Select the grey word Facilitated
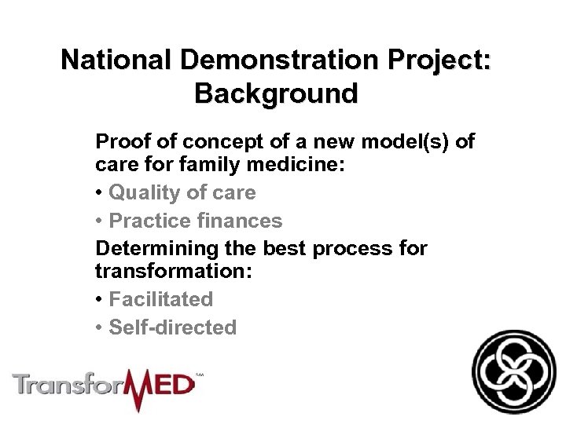tap(161, 299)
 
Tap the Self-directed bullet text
tap(172, 327)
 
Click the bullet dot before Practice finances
tap(99, 221)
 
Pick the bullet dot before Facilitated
tap(99, 299)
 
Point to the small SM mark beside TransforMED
tap(199, 376)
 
